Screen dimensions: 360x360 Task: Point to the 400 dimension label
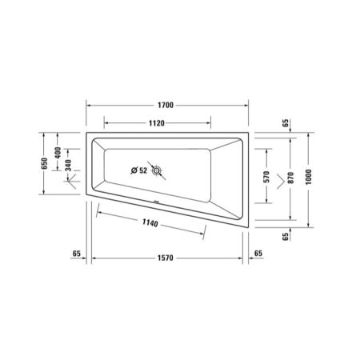pos(58,152)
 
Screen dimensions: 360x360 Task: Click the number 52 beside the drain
pos(143,170)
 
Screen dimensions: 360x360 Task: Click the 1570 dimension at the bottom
pos(165,258)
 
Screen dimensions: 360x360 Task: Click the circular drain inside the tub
pos(158,170)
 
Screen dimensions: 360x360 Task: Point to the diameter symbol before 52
pos(133,170)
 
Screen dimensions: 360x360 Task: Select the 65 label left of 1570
pos(77,254)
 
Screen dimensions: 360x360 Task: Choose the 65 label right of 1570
pos(258,254)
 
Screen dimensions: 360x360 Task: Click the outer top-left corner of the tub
pos(86,134)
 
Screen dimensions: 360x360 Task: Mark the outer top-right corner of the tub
pos(246,134)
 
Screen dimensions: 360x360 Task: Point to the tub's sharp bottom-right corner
pos(246,230)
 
